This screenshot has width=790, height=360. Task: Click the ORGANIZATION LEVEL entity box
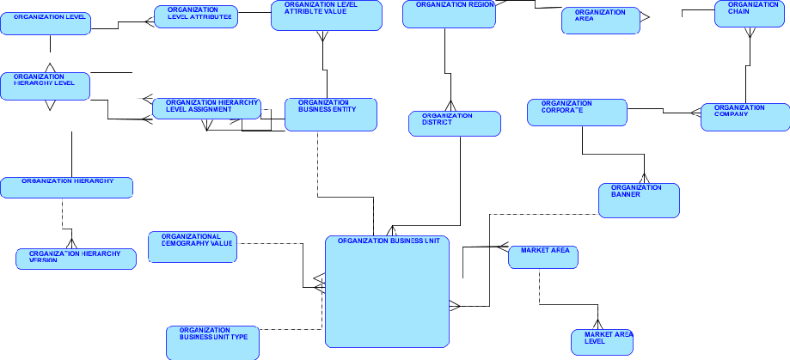coord(46,23)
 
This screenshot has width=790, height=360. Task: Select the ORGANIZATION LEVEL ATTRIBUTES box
coord(195,16)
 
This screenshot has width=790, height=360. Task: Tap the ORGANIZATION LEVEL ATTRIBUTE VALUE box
coord(326,15)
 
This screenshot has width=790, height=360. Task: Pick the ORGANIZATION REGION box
coord(448,15)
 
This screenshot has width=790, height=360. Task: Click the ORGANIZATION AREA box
coord(601,21)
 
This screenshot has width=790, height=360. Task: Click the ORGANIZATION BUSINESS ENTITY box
coord(331,114)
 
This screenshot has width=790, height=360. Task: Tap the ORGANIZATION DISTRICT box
coord(454,124)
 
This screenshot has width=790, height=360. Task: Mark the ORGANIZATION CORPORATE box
coord(577,113)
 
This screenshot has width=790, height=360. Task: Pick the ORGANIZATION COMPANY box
coord(744,117)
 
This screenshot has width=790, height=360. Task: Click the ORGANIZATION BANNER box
coord(639,200)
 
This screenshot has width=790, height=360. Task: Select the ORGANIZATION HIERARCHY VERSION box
coord(76,259)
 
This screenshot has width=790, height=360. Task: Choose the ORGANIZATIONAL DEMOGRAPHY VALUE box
coord(193,247)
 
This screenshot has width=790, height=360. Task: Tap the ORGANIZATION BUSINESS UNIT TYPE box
coord(213,342)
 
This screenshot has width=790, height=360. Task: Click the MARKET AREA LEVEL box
coord(602,342)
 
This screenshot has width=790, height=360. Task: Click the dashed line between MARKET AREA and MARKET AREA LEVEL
coord(539,288)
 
